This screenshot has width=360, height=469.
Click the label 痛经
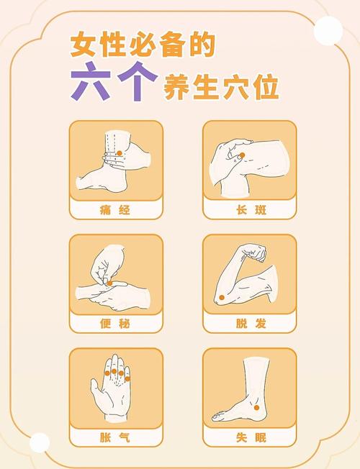115,210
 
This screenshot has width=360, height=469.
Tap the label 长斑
249,210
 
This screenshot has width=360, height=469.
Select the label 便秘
115,324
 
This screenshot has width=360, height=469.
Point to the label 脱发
249,324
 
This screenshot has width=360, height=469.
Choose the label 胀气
115,437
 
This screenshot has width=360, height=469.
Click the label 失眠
249,437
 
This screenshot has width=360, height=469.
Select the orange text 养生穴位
221,88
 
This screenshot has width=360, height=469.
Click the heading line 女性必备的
143,46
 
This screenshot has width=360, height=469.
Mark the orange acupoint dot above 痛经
120,152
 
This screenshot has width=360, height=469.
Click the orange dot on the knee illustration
242,155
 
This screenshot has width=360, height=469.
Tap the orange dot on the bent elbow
222,297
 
